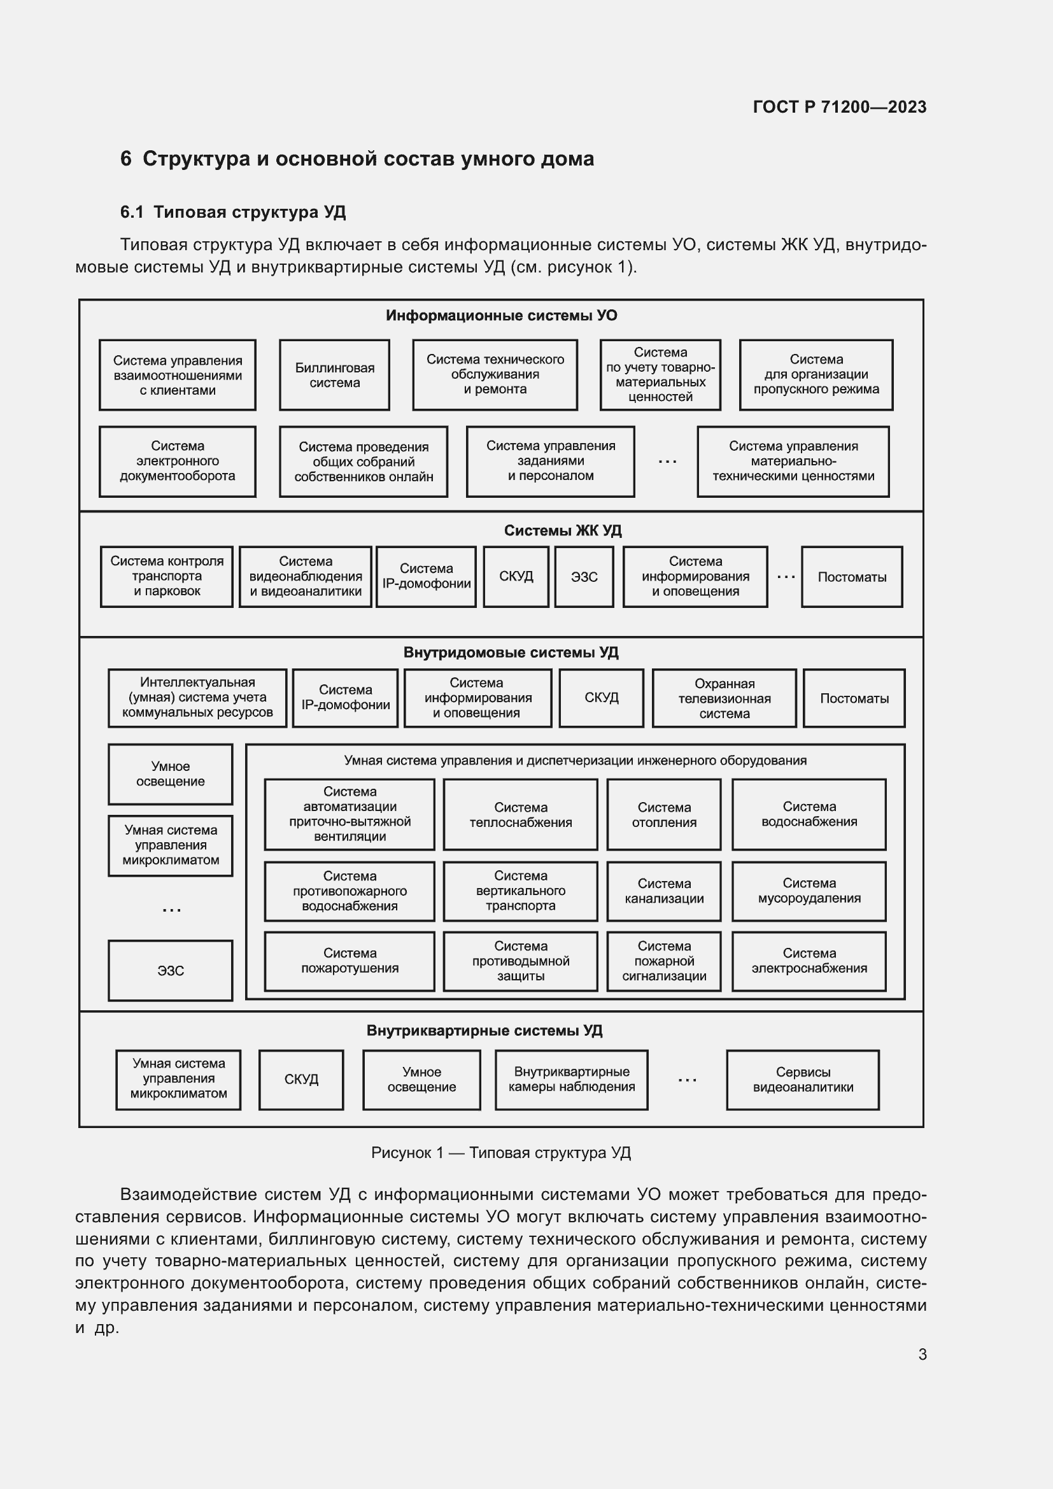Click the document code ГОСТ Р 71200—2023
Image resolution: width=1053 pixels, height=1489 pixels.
[x=839, y=107]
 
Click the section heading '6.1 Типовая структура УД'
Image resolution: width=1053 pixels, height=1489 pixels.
[x=233, y=212]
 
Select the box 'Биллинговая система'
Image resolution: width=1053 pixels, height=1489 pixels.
[x=334, y=376]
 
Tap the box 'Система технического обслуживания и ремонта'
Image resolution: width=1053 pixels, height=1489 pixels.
[x=495, y=375]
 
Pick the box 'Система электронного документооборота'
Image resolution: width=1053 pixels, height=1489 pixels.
[x=177, y=461]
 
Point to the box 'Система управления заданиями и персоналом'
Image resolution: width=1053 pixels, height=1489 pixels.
[x=550, y=461]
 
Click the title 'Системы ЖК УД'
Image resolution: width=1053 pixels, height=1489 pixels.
[x=562, y=530]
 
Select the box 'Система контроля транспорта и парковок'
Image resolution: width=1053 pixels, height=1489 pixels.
[x=167, y=577]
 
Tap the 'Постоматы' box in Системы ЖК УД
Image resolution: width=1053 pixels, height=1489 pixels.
[x=851, y=577]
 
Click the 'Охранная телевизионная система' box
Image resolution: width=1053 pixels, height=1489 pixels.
[x=724, y=698]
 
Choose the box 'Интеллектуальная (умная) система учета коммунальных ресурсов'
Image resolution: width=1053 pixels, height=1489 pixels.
[x=197, y=698]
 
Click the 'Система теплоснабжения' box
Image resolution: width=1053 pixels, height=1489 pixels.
[x=520, y=815]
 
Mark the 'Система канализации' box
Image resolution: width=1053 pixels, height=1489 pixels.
[x=663, y=891]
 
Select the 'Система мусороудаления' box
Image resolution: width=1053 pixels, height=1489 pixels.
[x=809, y=891]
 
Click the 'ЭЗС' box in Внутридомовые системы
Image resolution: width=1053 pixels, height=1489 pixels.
[x=171, y=971]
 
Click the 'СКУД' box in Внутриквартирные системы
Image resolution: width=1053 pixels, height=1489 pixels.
[x=301, y=1080]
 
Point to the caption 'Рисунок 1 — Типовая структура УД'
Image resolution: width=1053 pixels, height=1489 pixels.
[x=500, y=1152]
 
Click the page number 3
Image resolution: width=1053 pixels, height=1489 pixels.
[x=922, y=1355]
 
